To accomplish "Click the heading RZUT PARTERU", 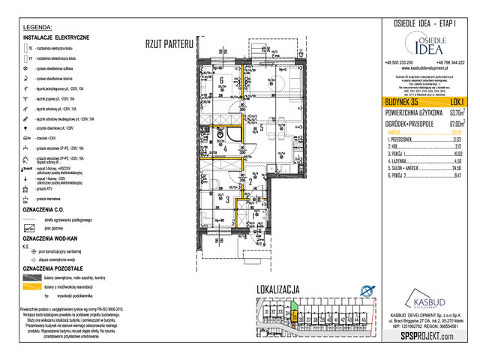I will click(169, 44).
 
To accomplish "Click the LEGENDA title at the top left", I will click(37, 26).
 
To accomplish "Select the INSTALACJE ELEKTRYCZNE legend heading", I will click(56, 37).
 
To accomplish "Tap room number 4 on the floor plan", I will click(226, 148).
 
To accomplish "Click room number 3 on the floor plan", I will click(226, 200).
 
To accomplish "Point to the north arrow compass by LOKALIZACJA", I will click(367, 291).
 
